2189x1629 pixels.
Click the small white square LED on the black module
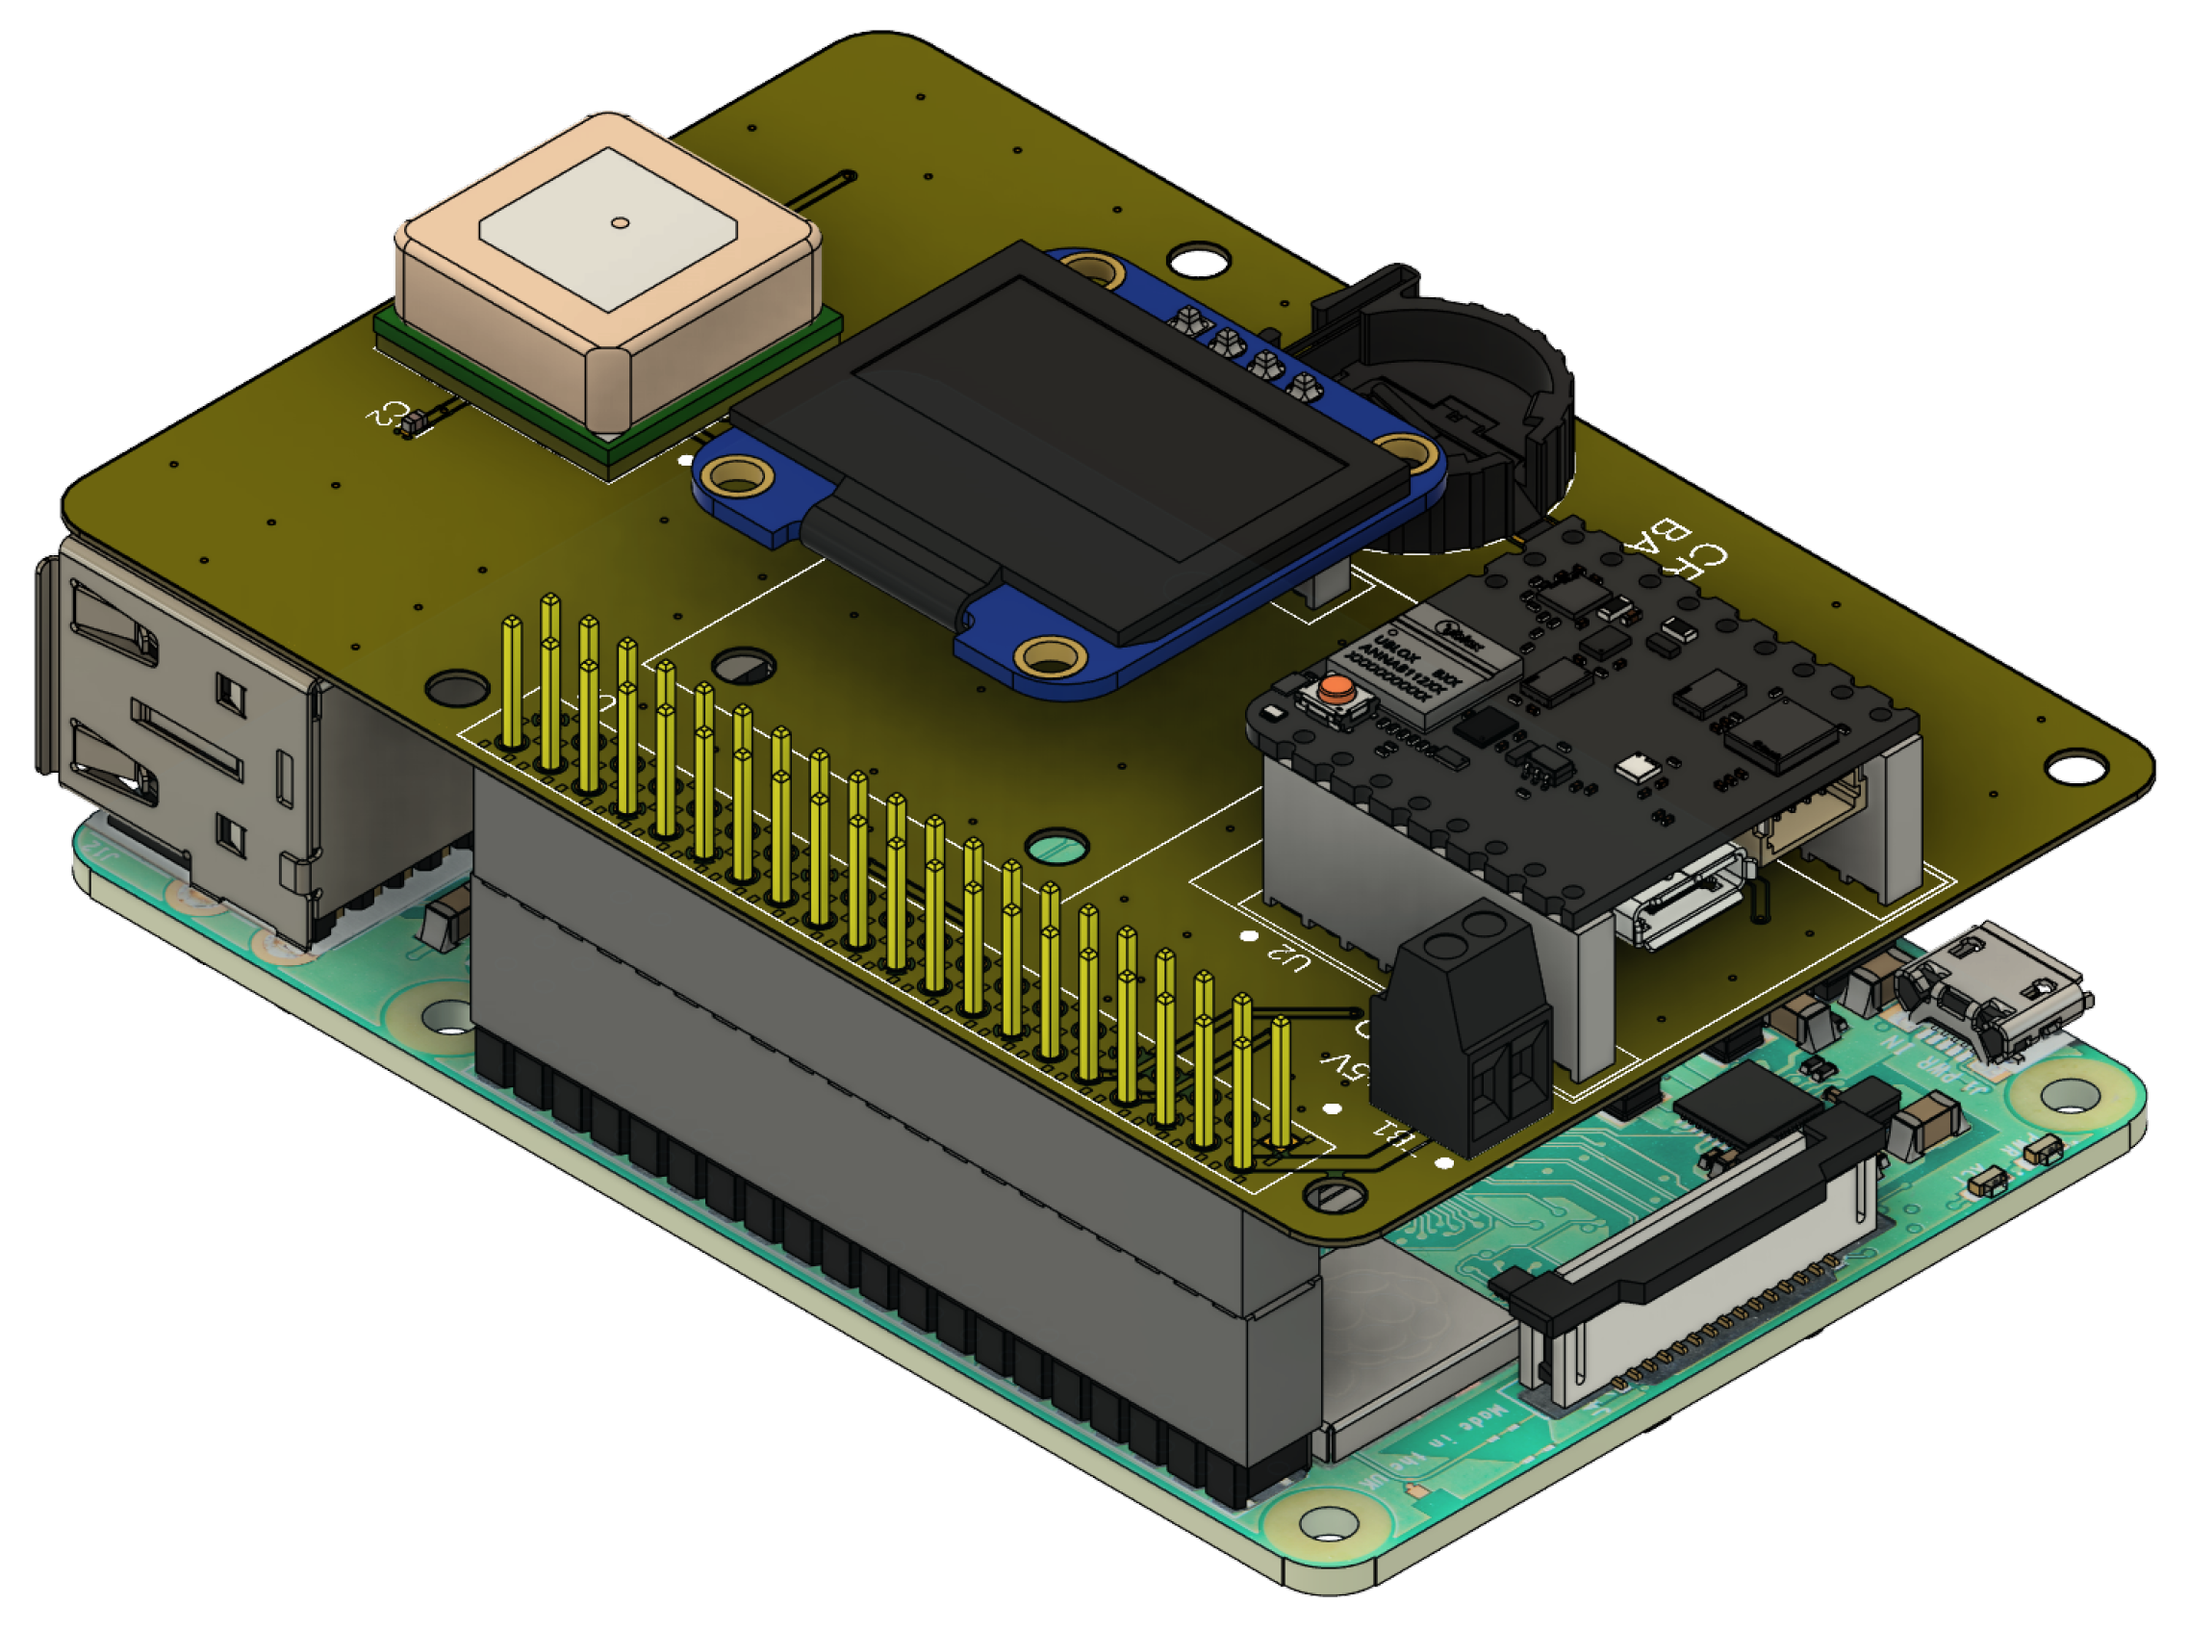(1637, 764)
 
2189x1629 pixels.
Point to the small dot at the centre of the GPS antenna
(620, 223)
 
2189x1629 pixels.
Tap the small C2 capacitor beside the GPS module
(410, 425)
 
